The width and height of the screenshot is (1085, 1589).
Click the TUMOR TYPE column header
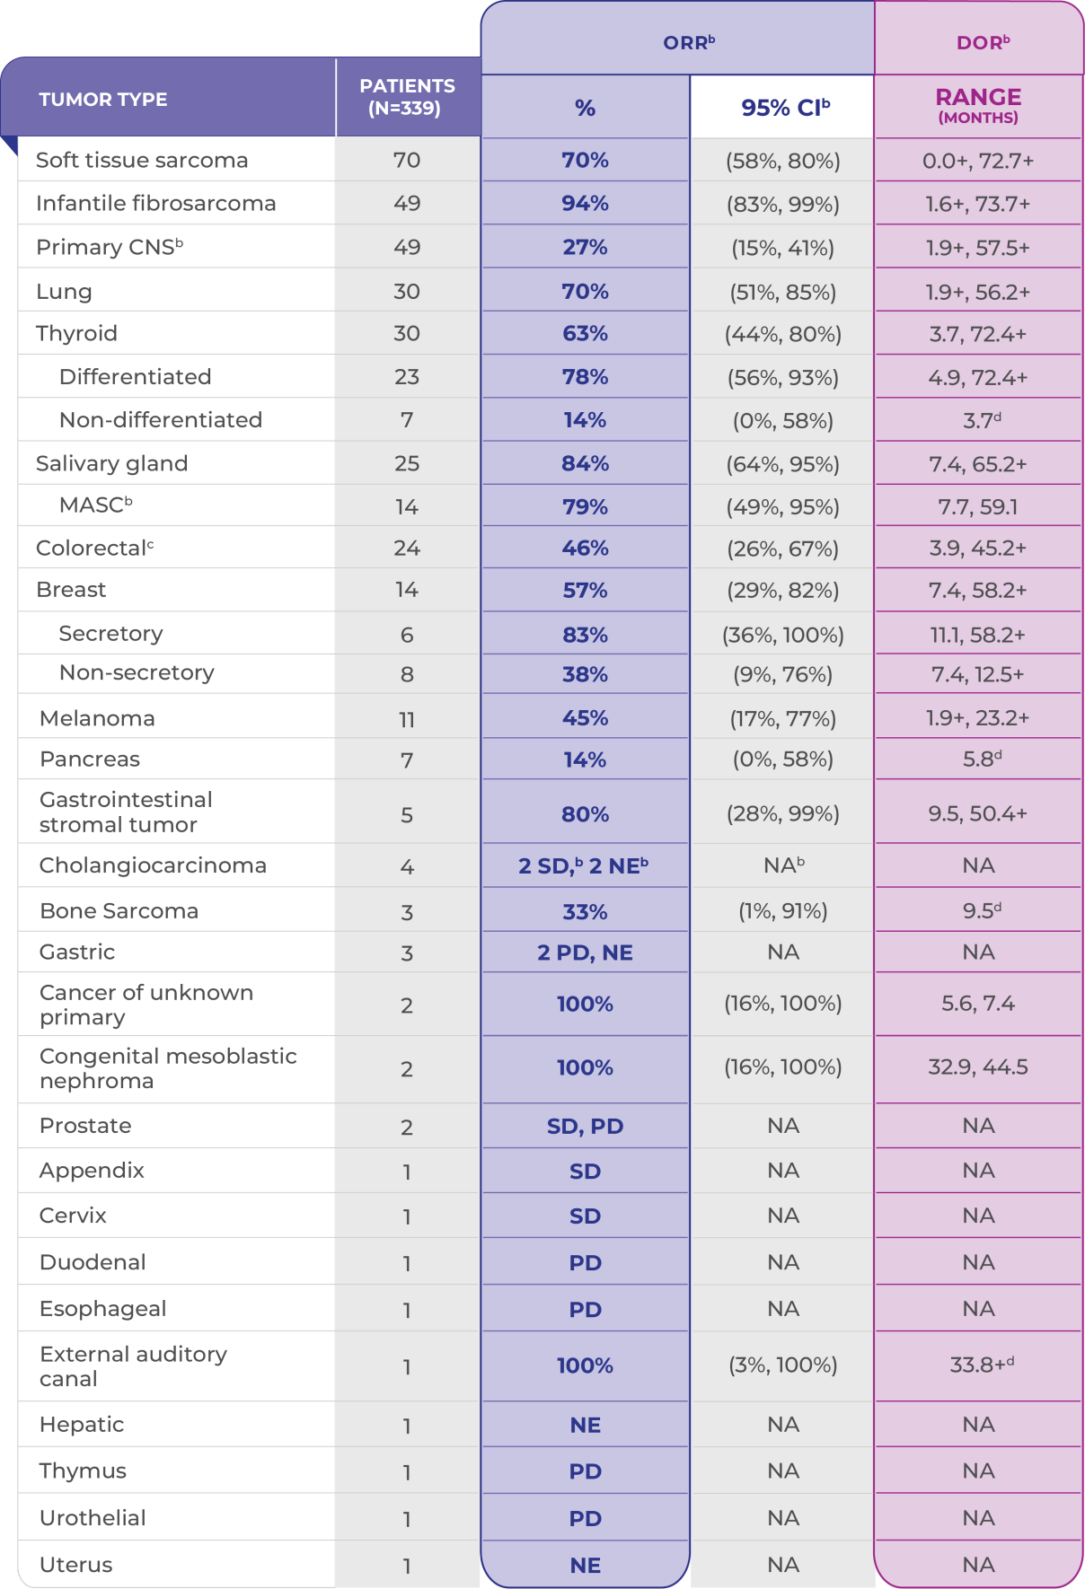tap(103, 100)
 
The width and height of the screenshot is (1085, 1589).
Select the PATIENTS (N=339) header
tap(407, 97)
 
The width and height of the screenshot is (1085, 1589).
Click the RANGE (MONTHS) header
tap(978, 105)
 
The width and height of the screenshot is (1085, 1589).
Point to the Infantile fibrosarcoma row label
tap(155, 204)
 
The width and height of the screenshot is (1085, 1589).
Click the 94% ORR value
tap(585, 204)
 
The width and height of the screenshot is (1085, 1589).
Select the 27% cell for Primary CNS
tap(585, 248)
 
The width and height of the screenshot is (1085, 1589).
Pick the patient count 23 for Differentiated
tap(407, 377)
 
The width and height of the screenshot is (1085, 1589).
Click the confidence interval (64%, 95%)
tap(783, 464)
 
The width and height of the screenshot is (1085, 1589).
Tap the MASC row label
tap(95, 505)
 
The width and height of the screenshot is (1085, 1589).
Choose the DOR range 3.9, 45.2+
tap(978, 549)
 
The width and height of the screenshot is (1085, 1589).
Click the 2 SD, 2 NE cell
tap(584, 866)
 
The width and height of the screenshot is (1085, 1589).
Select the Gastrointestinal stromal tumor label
tap(126, 812)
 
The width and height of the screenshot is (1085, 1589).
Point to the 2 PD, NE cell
tap(585, 953)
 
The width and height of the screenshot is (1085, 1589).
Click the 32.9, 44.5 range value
tap(978, 1067)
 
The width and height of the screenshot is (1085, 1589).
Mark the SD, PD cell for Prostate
tap(585, 1127)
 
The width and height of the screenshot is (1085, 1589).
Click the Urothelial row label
tap(93, 1518)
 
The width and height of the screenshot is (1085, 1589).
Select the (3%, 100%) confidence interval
tap(783, 1365)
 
